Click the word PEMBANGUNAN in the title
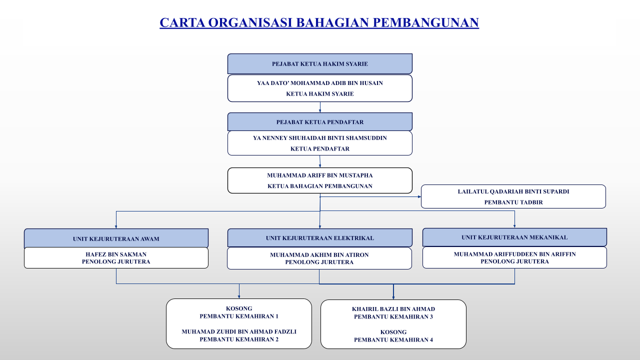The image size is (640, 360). coord(425,22)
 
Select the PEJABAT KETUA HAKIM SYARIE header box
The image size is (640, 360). coord(319,63)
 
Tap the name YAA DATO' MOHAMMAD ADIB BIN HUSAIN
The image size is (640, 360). coord(319,83)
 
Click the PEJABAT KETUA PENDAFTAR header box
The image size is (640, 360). coord(319,121)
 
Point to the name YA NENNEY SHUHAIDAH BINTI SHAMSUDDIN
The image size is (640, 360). coord(319,138)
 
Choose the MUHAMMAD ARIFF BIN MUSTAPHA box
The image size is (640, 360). coord(319,180)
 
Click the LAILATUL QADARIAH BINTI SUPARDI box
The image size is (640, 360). coord(513,196)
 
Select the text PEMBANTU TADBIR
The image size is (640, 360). coord(513,202)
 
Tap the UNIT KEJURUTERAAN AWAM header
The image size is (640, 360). coord(116,238)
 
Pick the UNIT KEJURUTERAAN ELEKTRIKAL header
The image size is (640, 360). coord(319,237)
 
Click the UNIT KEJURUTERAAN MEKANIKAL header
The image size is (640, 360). coord(514,237)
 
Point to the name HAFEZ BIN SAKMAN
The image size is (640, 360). coord(116,254)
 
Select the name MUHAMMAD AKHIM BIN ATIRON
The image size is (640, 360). coord(319,255)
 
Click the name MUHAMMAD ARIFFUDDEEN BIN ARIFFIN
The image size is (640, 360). coord(514,254)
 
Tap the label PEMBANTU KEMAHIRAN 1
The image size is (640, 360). coord(239,316)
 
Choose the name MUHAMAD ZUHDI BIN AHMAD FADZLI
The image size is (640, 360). coord(239,331)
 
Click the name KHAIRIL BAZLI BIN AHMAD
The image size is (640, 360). coord(393,309)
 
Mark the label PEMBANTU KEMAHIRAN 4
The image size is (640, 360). coord(393,339)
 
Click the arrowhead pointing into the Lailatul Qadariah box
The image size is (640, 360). coord(419,196)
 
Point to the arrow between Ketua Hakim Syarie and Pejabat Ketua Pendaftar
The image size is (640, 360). coord(320,107)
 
